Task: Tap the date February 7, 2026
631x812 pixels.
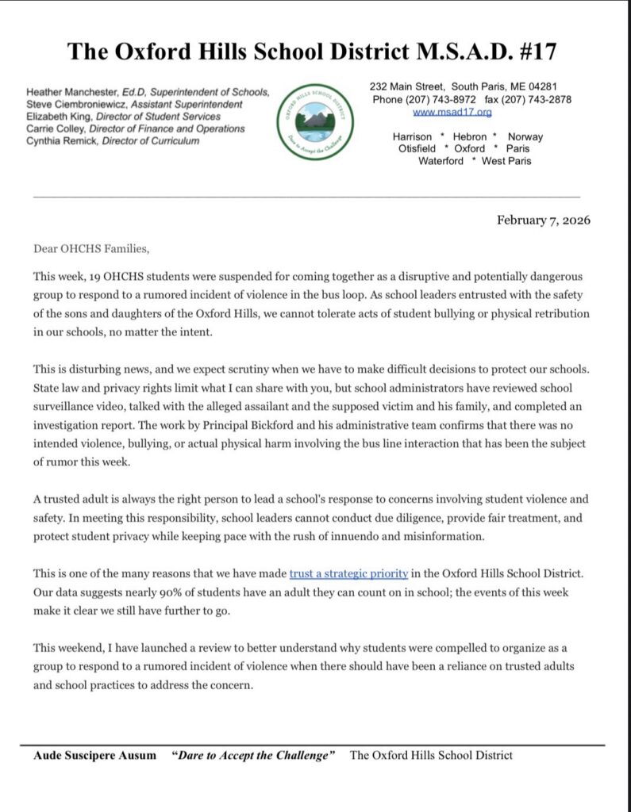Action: [x=544, y=220]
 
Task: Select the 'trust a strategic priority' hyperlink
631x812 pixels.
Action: [x=349, y=573]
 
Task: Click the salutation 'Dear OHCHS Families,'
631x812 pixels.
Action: [x=90, y=248]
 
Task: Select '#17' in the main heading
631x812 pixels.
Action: [x=533, y=52]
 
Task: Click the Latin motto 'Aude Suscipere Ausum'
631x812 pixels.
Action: [x=96, y=756]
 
